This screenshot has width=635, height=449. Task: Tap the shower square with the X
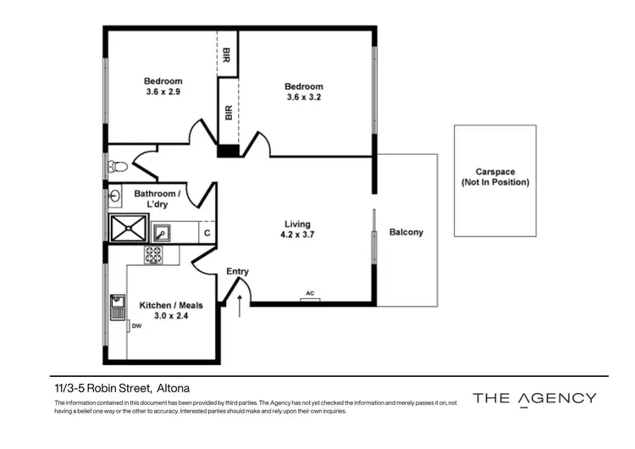[129, 229]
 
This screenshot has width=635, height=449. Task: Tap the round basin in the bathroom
[116, 196]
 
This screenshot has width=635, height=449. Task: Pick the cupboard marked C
[207, 232]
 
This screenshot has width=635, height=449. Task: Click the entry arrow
[239, 304]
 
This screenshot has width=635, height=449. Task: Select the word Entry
[238, 272]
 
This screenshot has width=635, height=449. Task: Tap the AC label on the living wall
[310, 294]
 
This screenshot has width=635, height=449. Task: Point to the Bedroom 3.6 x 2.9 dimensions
[163, 93]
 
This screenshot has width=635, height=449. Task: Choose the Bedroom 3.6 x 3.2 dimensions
[303, 97]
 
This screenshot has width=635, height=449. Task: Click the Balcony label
[406, 232]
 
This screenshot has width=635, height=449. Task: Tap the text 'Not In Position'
[495, 182]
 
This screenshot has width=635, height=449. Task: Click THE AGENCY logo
[534, 398]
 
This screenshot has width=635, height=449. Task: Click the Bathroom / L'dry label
[156, 199]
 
